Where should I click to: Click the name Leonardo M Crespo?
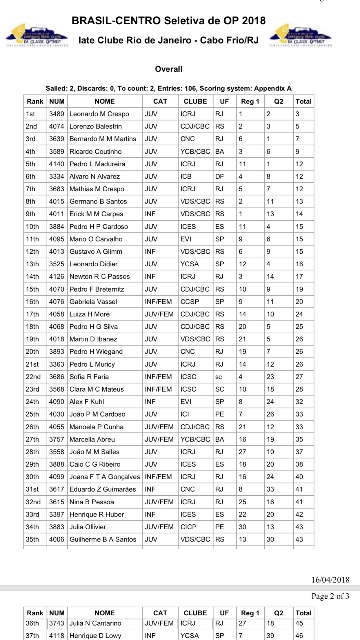[x=99, y=114]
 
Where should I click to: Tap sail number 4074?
[x=57, y=126]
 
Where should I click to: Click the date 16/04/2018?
[x=330, y=579]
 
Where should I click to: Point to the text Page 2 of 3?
[x=330, y=596]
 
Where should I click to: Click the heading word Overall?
[x=169, y=69]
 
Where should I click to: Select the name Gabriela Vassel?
[x=93, y=302]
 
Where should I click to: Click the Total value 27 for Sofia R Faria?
[x=299, y=377]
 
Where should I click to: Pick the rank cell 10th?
[x=32, y=227]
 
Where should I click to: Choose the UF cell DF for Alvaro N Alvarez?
[x=219, y=177]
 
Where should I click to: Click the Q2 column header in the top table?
[x=279, y=101]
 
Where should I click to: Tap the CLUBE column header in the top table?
[x=195, y=101]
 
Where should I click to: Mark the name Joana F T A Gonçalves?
[x=104, y=477]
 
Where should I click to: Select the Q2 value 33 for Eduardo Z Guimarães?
[x=270, y=489]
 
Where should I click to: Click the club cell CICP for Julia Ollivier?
[x=188, y=527]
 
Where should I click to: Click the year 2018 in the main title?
[x=254, y=21]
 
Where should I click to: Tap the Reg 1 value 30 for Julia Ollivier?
[x=242, y=527]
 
